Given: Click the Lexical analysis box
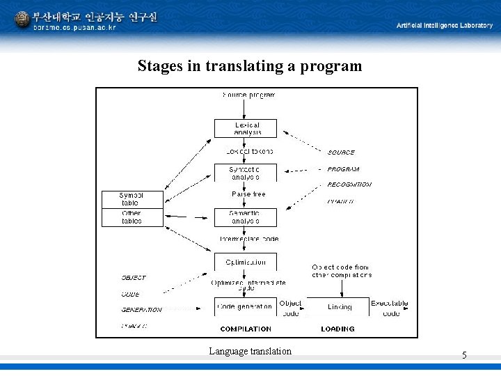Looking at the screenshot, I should (246, 129).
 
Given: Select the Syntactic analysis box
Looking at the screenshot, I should (246, 173).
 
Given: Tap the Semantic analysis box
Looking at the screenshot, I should (246, 217).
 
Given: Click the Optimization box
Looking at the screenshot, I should (246, 263).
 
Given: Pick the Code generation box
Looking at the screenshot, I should (246, 306).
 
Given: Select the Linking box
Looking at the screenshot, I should (339, 306).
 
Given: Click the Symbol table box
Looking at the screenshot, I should (132, 199).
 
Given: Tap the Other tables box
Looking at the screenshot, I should (132, 217).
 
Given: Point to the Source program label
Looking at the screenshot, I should (248, 95).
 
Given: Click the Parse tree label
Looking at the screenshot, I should (248, 194).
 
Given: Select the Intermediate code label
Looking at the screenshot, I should (248, 239).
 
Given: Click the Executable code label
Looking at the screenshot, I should (390, 308).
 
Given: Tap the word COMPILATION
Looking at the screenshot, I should (246, 329).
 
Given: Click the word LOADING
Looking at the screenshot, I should (337, 329).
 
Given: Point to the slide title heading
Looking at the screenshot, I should (250, 66).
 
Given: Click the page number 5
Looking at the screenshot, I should (464, 356).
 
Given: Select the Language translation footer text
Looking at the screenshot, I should (250, 351).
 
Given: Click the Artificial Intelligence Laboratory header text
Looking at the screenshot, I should (444, 25).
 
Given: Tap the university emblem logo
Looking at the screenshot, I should (22, 19).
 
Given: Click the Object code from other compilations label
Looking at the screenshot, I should (341, 271).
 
